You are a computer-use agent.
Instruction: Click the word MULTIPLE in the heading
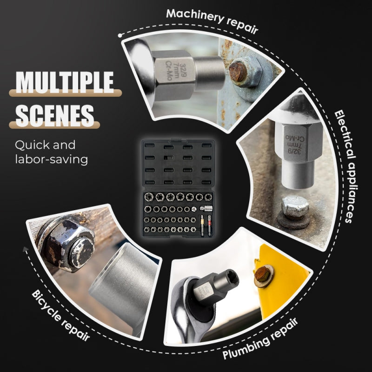click(x=65, y=82)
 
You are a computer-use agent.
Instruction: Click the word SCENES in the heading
click(x=55, y=116)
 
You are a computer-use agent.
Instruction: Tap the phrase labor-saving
click(x=52, y=159)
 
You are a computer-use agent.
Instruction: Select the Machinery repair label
click(x=212, y=21)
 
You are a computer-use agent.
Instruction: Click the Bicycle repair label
click(x=61, y=315)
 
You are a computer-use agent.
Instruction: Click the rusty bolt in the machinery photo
click(x=238, y=72)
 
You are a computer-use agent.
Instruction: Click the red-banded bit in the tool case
click(x=209, y=226)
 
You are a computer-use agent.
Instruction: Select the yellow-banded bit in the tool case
click(x=202, y=226)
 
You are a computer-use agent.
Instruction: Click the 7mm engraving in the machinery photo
click(x=176, y=71)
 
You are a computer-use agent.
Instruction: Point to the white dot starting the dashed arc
click(x=120, y=36)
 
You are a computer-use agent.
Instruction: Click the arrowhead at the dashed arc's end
click(x=26, y=249)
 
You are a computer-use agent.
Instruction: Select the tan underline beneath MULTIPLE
click(x=65, y=93)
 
